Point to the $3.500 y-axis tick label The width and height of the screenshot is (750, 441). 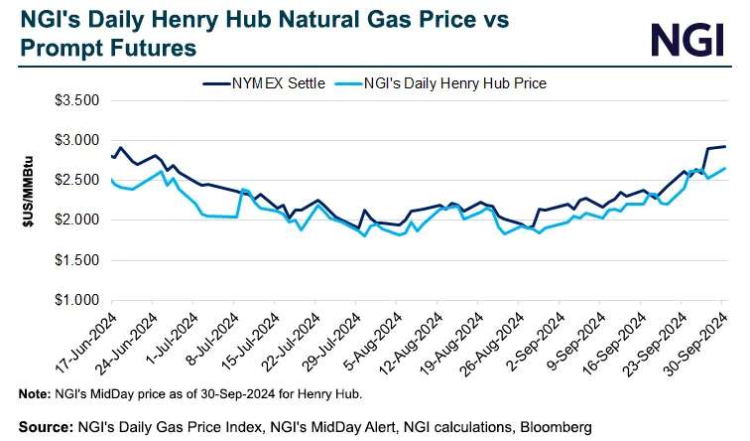(76, 101)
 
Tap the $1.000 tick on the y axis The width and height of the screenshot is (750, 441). (76, 300)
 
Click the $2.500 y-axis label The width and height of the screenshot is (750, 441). (76, 181)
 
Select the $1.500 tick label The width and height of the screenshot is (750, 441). (76, 260)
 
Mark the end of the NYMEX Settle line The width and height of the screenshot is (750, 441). (725, 147)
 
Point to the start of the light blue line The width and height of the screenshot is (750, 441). (111, 180)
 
